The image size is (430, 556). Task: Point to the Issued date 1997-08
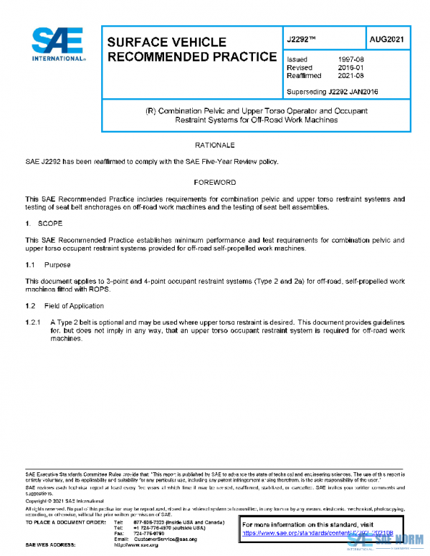tap(350, 59)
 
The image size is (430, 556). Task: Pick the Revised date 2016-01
tap(350, 67)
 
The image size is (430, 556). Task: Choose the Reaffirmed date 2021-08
tap(350, 75)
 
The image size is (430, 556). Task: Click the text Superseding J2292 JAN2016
tap(332, 91)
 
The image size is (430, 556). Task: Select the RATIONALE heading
tap(214, 145)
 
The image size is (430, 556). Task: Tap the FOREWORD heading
tap(214, 182)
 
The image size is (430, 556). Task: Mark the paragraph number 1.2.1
tap(34, 322)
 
